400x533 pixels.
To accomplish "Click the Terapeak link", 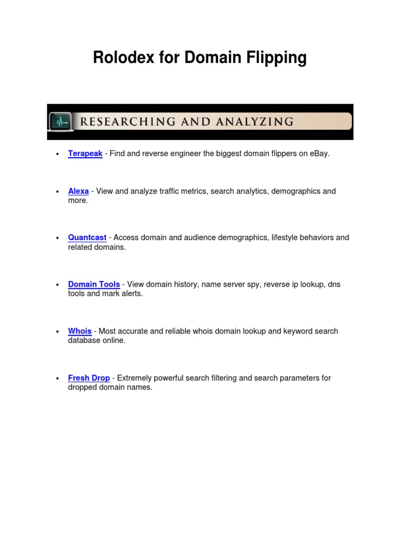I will pyautogui.click(x=85, y=154).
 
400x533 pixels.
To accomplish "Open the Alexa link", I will pyautogui.click(x=78, y=191).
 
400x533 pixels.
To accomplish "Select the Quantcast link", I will pyautogui.click(x=87, y=237).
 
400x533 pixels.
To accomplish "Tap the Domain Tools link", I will pyautogui.click(x=94, y=284).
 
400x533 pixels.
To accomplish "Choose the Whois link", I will pyautogui.click(x=80, y=331).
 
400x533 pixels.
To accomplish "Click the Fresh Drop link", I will pyautogui.click(x=89, y=378).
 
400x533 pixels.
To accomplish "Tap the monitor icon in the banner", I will pyautogui.click(x=60, y=122).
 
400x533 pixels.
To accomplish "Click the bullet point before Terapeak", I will pyautogui.click(x=57, y=154).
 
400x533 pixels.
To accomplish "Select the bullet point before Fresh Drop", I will pyautogui.click(x=57, y=378).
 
